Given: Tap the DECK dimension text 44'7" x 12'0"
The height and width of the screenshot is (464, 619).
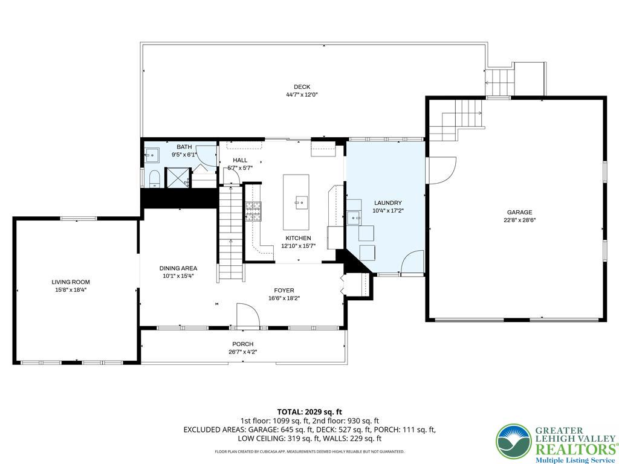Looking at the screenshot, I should coord(302,95).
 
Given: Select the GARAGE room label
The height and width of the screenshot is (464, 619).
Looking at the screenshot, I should coord(519,212).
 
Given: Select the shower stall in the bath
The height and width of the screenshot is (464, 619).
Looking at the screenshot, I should coord(178,177).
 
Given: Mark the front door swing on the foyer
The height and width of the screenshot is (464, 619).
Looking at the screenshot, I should coord(247,316).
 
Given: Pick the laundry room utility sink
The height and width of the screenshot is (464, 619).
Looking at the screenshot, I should coord(353,216).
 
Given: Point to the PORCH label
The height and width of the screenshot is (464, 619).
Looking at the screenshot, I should coord(242,344).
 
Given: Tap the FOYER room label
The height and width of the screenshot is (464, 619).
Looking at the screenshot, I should coord(284,291).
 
